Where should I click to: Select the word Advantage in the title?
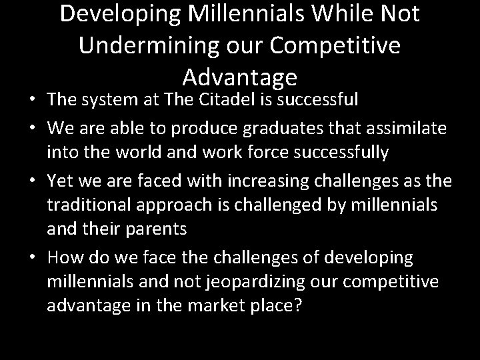click(240, 77)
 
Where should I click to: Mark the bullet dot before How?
click(34, 257)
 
